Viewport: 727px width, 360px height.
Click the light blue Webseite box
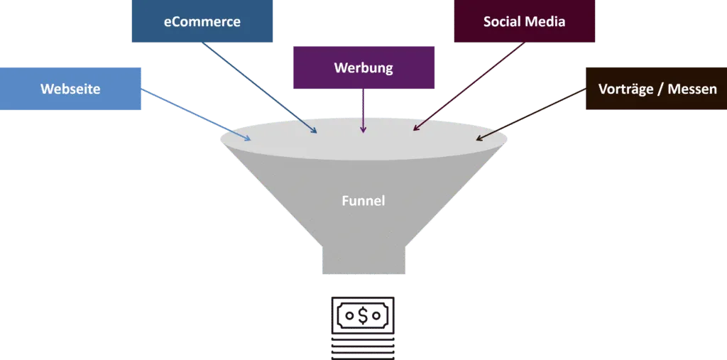70,89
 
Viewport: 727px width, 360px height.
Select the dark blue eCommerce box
202,22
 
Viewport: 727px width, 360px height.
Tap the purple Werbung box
363,69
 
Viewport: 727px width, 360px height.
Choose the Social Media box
524,22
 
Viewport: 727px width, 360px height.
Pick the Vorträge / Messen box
657,89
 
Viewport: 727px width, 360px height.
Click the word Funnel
363,201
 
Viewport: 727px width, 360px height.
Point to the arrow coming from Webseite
195,114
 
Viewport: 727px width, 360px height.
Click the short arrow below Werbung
363,111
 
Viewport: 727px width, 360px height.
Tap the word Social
502,22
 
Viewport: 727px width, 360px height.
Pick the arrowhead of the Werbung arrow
363,130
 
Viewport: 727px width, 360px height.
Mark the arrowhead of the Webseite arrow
248,138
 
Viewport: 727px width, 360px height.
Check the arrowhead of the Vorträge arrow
479,138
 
